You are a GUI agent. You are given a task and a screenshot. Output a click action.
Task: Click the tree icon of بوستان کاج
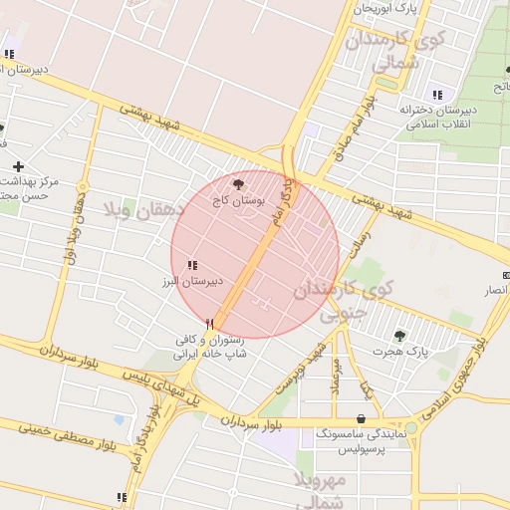(237, 184)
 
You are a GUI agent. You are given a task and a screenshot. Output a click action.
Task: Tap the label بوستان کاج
(234, 200)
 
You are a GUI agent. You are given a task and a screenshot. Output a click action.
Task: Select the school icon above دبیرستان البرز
(191, 265)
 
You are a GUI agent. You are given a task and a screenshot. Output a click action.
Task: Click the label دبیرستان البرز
(196, 282)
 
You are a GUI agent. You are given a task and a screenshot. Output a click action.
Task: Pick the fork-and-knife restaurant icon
(209, 324)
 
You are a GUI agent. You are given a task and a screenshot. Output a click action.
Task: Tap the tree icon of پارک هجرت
(400, 336)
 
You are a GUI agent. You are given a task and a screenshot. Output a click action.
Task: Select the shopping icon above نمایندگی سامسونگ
(360, 418)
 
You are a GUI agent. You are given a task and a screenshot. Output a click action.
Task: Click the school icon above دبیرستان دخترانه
(436, 95)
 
